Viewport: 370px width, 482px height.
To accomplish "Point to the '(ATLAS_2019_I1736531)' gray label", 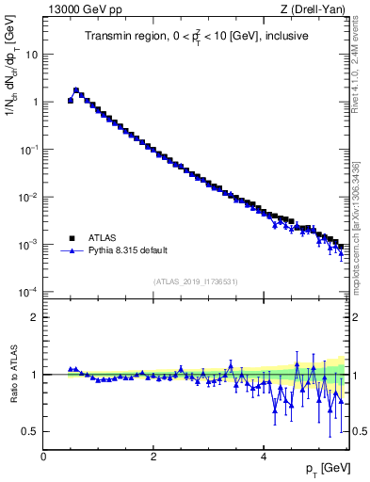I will pos(195,282).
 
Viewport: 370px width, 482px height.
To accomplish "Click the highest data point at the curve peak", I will pos(76,90).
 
